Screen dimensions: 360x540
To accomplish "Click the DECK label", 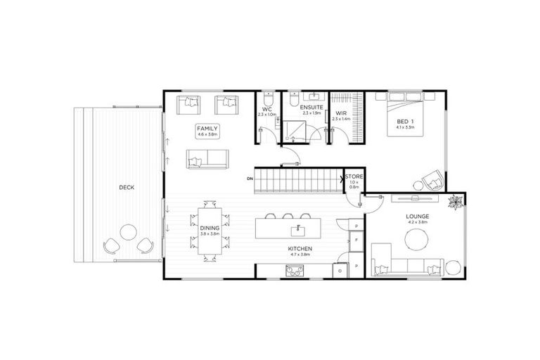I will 127,187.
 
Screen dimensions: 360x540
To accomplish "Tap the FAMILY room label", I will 208,129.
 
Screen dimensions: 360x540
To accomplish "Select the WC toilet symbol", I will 268,98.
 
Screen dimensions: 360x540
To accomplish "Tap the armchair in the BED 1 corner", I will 432,179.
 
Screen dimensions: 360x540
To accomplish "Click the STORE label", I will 354,176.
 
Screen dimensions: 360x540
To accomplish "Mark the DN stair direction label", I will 250,179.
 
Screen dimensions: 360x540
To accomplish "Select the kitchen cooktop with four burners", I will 294,270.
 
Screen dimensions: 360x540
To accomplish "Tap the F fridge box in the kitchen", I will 356,240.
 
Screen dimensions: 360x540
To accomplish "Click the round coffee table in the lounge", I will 416,239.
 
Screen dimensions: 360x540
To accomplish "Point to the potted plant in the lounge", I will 456,201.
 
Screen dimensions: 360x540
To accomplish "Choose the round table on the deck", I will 129,233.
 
